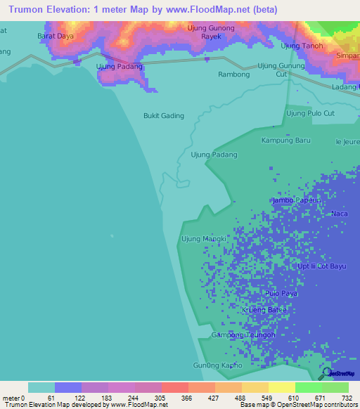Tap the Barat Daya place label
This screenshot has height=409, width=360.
point(56,35)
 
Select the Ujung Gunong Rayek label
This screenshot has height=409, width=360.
point(211,32)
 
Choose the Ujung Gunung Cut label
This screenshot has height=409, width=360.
point(281,70)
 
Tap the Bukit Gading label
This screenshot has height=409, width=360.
point(163,116)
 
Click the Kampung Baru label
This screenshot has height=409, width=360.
point(286,140)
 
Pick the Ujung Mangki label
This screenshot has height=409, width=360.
point(204,239)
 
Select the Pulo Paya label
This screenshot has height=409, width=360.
point(280,293)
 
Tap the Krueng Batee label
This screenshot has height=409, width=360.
point(264,310)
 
